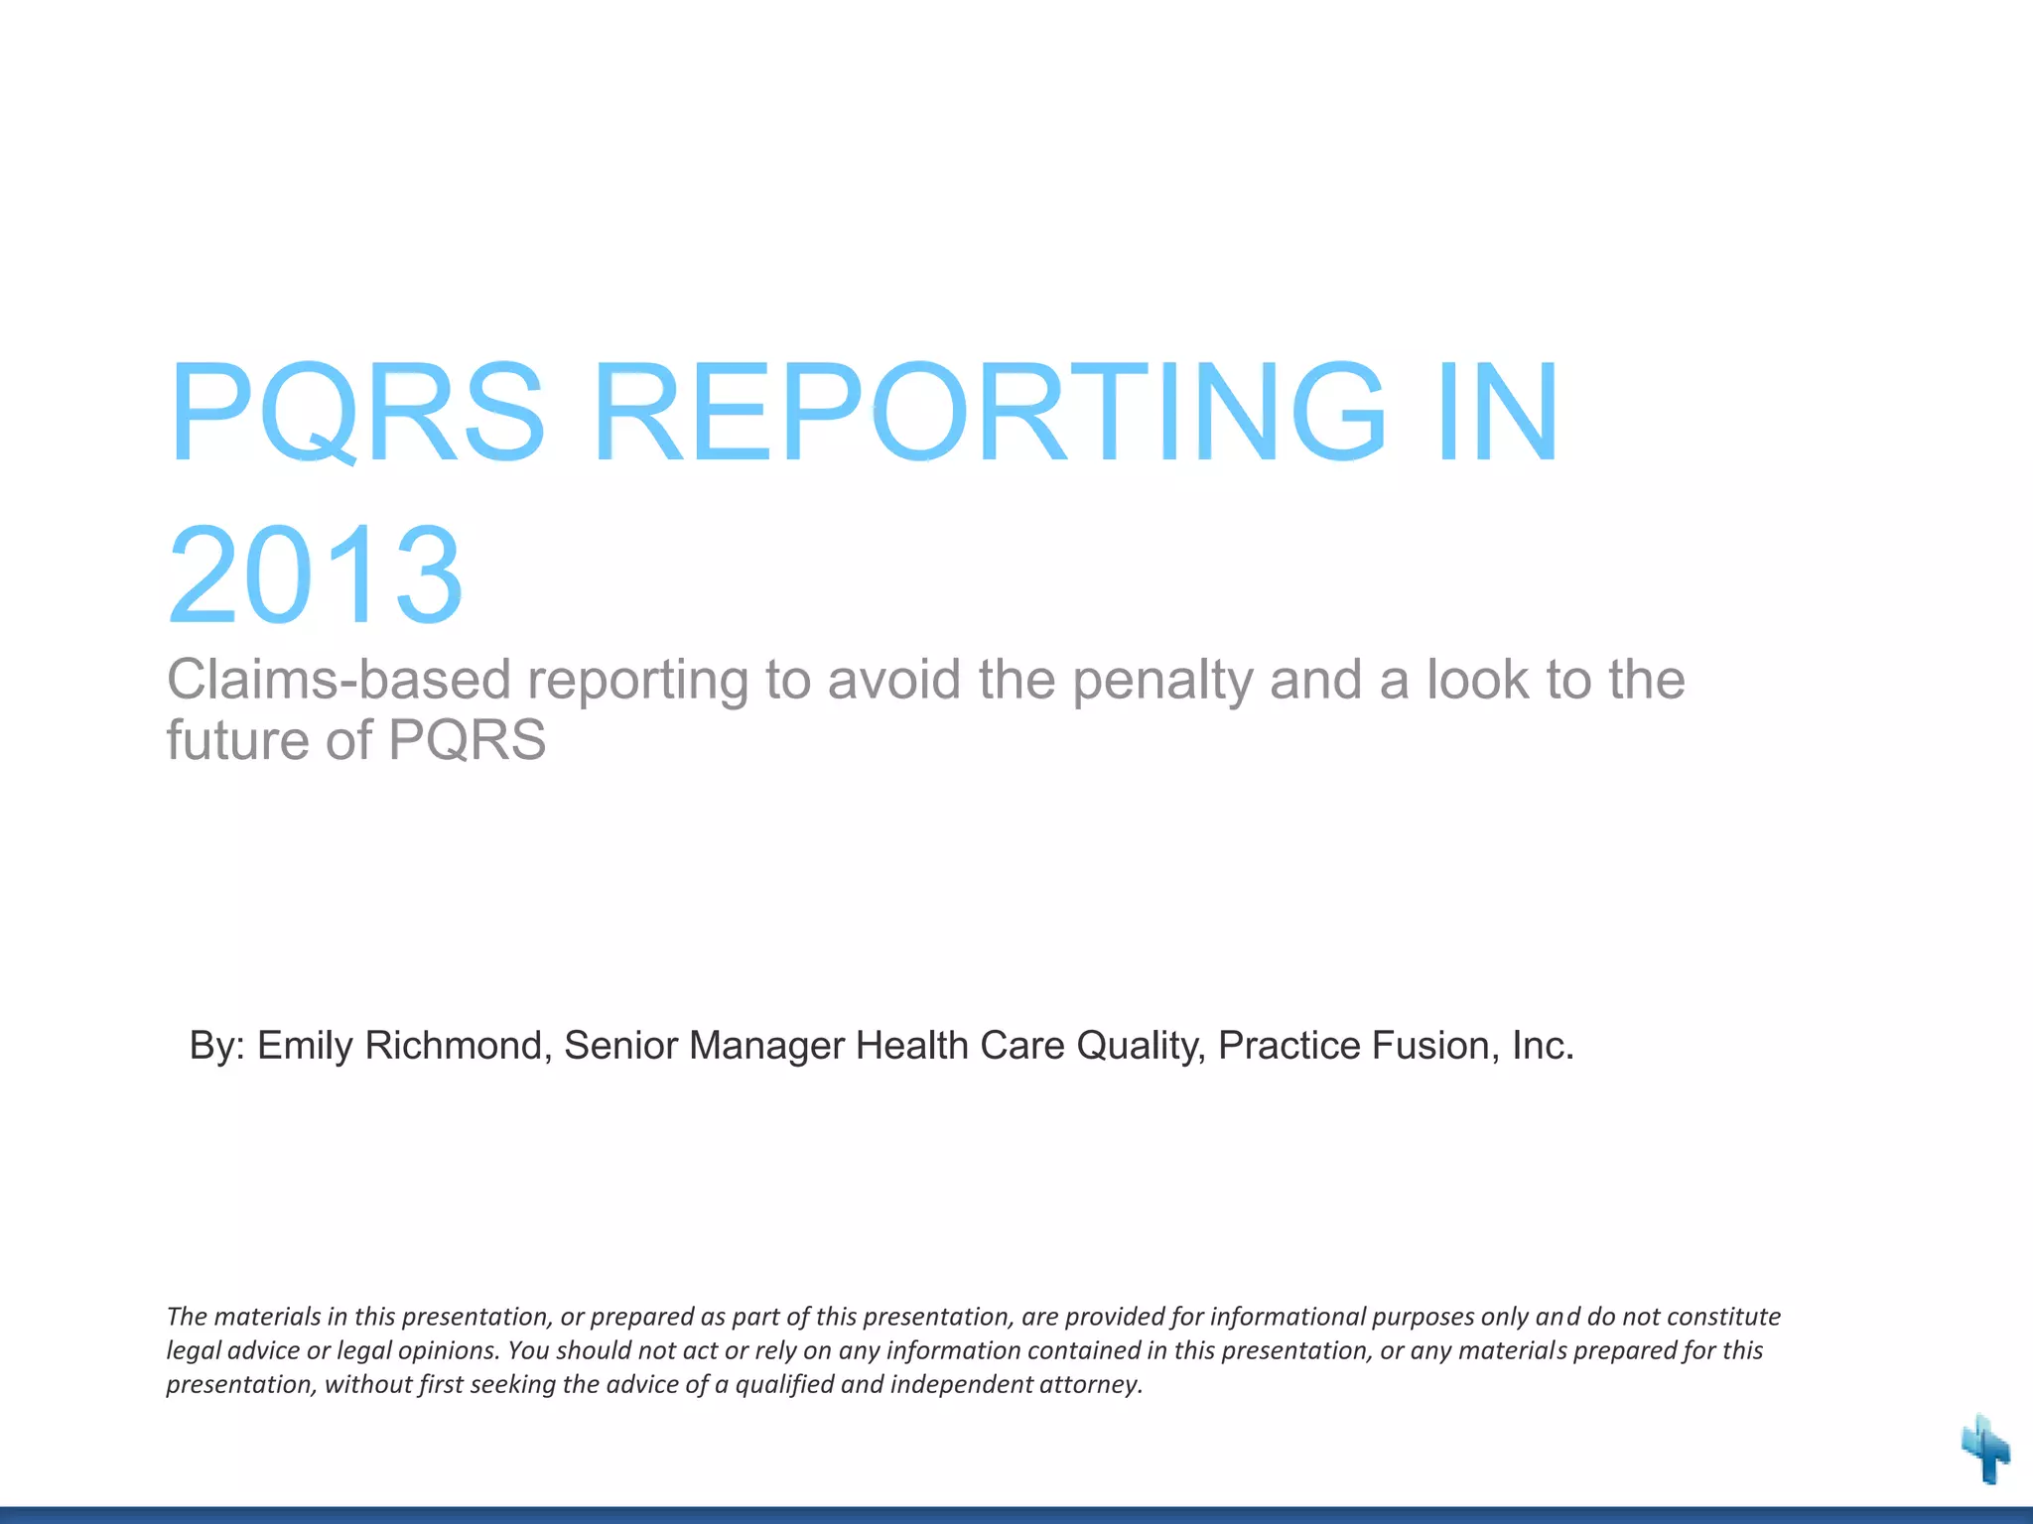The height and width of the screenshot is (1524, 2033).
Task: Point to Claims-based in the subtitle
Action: point(339,681)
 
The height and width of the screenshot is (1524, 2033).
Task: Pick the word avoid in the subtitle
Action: point(894,681)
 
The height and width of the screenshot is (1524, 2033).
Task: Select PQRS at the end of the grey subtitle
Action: point(467,740)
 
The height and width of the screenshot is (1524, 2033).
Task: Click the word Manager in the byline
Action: point(765,1046)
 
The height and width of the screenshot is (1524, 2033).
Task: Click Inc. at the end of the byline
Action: point(1543,1046)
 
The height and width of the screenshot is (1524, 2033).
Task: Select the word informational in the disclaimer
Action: point(1288,1317)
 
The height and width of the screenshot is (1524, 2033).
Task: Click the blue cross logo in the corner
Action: point(1985,1450)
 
